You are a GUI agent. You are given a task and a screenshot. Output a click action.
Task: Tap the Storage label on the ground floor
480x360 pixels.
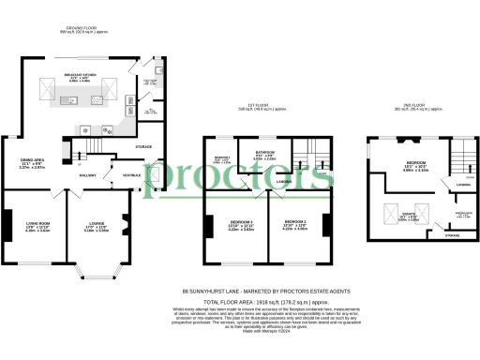click(143, 146)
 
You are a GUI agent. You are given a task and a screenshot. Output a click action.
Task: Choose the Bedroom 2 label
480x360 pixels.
click(296, 224)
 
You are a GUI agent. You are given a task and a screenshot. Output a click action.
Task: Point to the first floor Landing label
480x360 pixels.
click(287, 170)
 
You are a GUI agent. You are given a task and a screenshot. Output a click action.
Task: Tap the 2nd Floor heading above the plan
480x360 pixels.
click(413, 104)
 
